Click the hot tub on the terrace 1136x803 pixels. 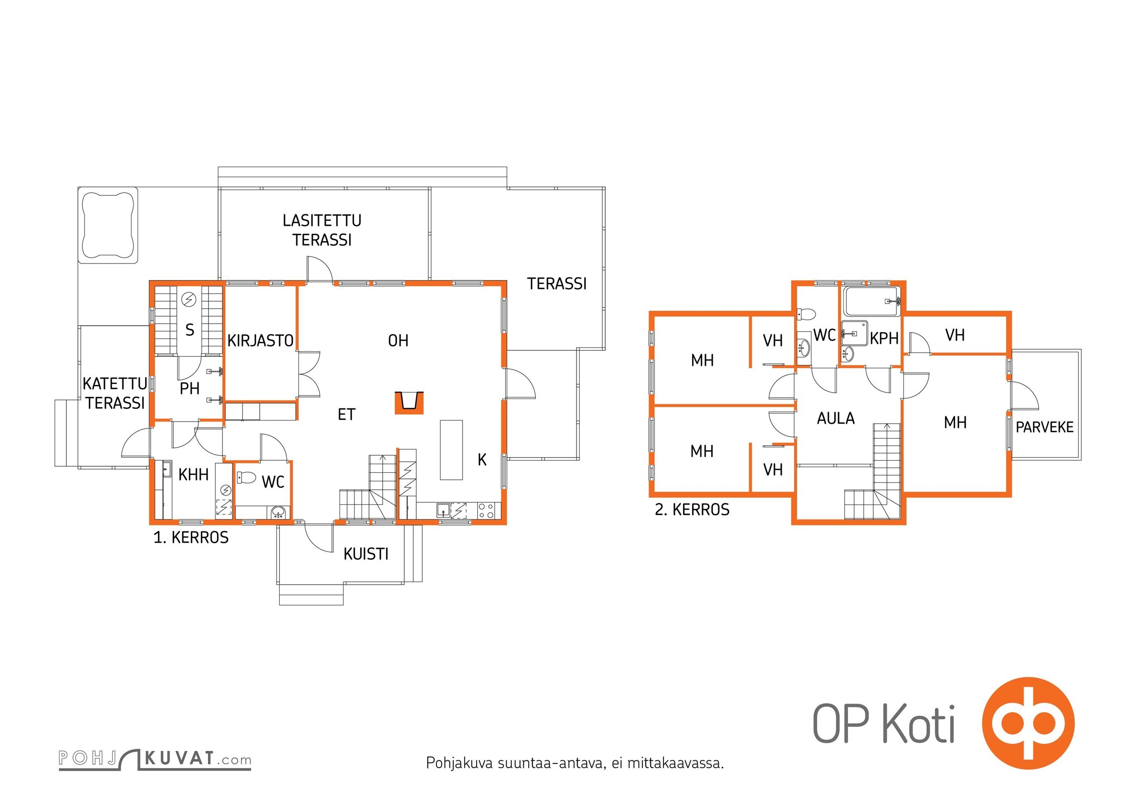108,225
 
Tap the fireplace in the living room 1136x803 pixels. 409,403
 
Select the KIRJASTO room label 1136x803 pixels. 260,341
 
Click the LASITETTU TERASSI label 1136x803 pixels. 322,230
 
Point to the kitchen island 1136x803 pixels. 451,450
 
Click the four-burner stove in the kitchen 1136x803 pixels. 486,511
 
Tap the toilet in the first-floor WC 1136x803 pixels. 247,477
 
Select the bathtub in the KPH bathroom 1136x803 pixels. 871,301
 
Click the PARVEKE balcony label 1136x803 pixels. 1045,427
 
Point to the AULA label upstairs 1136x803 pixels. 836,418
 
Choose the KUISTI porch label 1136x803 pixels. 366,554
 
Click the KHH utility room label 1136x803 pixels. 193,474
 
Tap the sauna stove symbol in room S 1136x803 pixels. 189,299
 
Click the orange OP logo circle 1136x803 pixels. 1028,723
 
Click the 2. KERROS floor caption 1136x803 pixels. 692,509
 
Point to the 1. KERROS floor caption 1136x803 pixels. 191,538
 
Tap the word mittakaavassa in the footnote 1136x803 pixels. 675,763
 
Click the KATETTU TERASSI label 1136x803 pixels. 115,393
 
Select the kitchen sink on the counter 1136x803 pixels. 443,510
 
